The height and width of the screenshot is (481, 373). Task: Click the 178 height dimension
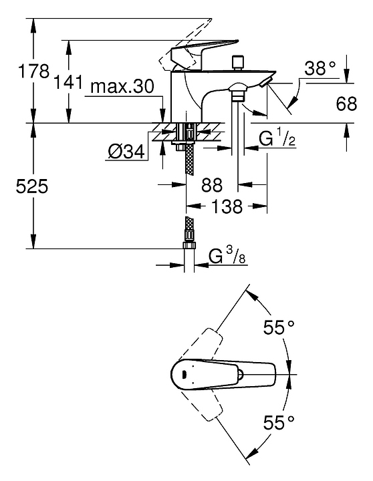[x=34, y=71]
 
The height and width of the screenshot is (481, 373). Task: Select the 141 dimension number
[x=68, y=82]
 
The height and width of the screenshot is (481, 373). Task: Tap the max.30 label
[x=122, y=86]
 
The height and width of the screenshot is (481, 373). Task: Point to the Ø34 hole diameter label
[x=126, y=151]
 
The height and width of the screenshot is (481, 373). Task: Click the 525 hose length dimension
[x=32, y=186]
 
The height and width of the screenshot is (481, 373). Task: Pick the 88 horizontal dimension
[x=212, y=185]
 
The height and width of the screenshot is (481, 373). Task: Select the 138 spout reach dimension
[x=227, y=206]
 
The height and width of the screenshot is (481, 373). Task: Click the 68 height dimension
[x=346, y=104]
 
